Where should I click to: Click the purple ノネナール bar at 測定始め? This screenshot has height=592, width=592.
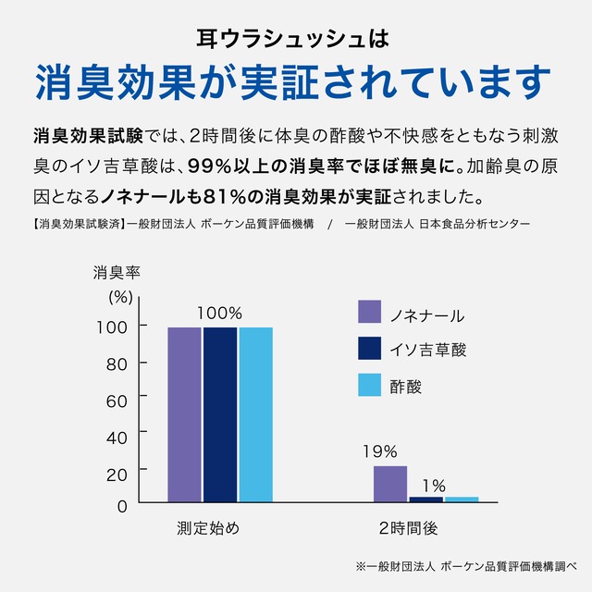(x=184, y=414)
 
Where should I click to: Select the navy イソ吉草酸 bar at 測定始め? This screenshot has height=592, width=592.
(x=220, y=414)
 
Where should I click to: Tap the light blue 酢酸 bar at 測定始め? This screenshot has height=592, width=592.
(x=256, y=414)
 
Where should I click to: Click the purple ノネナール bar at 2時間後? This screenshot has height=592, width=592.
(x=390, y=484)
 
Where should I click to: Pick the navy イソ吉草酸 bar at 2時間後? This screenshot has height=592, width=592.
(x=425, y=499)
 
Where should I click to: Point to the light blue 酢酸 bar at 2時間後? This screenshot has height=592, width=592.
(x=462, y=499)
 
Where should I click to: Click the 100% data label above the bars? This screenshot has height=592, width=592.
(x=219, y=314)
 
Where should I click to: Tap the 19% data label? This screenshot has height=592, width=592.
(x=379, y=452)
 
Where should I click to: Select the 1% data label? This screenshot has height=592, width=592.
(x=434, y=485)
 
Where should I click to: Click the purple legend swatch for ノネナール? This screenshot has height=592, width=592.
(x=370, y=313)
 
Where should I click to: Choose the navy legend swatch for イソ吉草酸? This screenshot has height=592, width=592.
(x=370, y=349)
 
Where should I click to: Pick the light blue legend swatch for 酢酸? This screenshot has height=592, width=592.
(x=370, y=385)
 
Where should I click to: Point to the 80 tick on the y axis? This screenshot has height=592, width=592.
(x=116, y=364)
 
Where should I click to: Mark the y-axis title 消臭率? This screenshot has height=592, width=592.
(x=117, y=273)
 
